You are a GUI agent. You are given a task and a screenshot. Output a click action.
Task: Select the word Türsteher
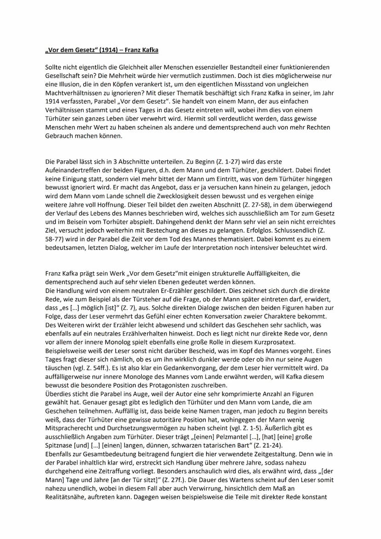[130, 298]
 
